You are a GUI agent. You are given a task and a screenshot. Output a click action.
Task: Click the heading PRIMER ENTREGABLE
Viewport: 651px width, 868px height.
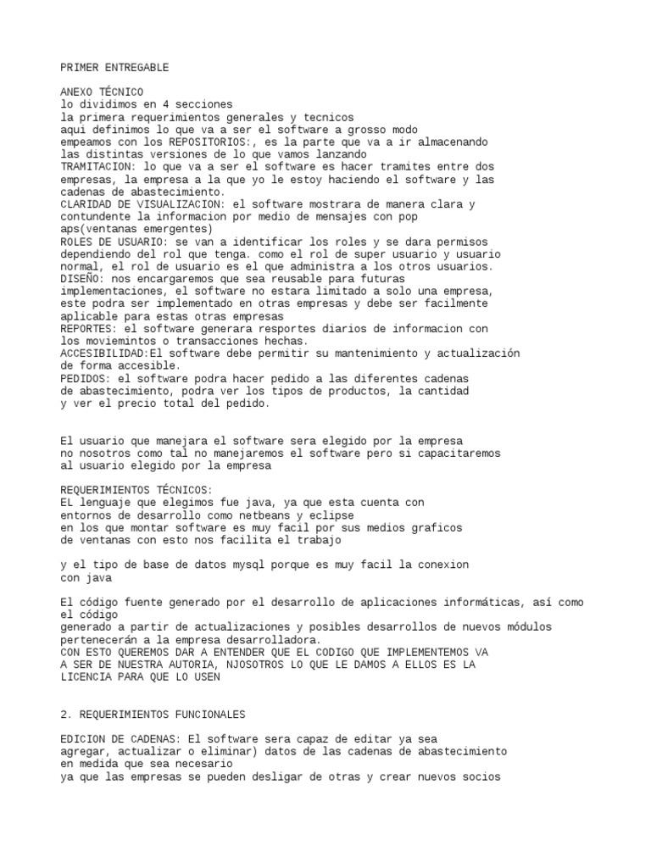pyautogui.click(x=114, y=67)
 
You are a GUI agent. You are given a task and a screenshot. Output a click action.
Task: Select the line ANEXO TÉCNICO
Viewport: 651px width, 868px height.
pyautogui.click(x=102, y=92)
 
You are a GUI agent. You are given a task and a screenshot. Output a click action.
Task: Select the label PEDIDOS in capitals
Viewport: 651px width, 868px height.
pyautogui.click(x=85, y=378)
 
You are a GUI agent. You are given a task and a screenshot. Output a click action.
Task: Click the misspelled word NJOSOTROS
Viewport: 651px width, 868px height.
pyautogui.click(x=250, y=665)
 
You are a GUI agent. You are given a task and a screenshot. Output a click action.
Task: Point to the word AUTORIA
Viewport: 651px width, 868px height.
pyautogui.click(x=201, y=665)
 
